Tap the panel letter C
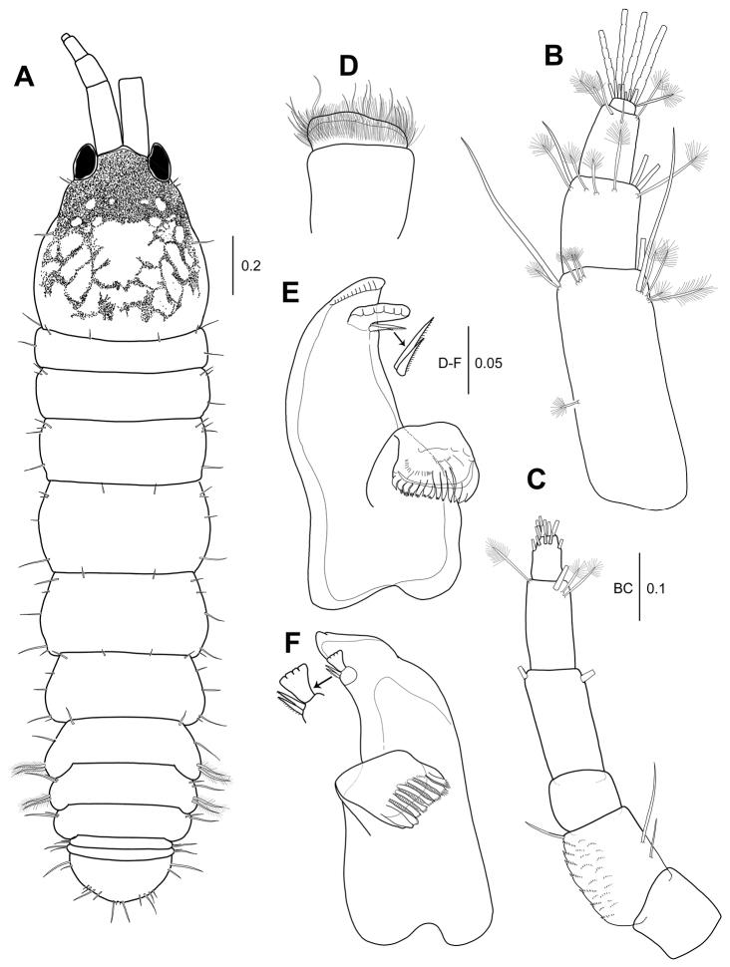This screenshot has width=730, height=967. click(x=538, y=479)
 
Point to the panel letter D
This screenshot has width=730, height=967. click(x=349, y=66)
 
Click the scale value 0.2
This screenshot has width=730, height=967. click(x=250, y=266)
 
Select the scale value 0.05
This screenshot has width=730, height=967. click(x=488, y=363)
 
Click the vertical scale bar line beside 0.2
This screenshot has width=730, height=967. click(x=233, y=265)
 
